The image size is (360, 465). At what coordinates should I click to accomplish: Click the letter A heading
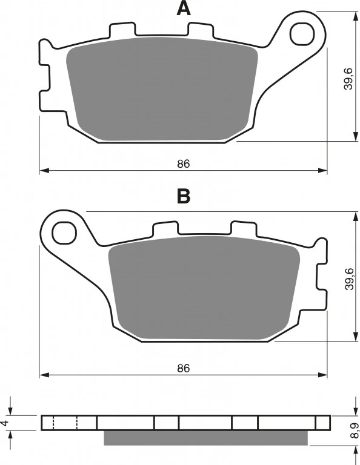[x=184, y=8]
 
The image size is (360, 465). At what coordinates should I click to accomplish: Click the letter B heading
[x=184, y=196]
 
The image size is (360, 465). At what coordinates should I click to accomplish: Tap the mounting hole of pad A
[x=302, y=35]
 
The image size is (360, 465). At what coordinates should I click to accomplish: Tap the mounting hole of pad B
[x=64, y=232]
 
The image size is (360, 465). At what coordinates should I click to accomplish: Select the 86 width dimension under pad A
[x=184, y=163]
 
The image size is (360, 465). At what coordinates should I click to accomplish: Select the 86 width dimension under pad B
[x=184, y=368]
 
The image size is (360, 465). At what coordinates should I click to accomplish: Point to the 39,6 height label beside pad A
[x=348, y=79]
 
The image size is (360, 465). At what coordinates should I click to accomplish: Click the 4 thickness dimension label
[x=4, y=423]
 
